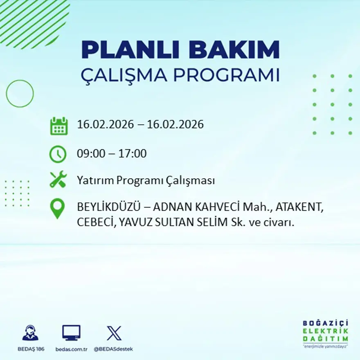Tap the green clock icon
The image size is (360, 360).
pos(58,154)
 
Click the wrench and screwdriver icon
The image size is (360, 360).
pos(58,180)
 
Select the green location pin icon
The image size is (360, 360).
pos(57,208)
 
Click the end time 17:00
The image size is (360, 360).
pos(133,154)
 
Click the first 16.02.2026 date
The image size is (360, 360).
pos(106,124)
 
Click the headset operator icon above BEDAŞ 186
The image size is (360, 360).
pos(30,333)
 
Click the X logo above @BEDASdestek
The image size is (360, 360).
pos(114,333)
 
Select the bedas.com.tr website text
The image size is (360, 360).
pos(71,349)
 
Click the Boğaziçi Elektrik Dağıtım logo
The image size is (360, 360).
pos(326,333)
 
